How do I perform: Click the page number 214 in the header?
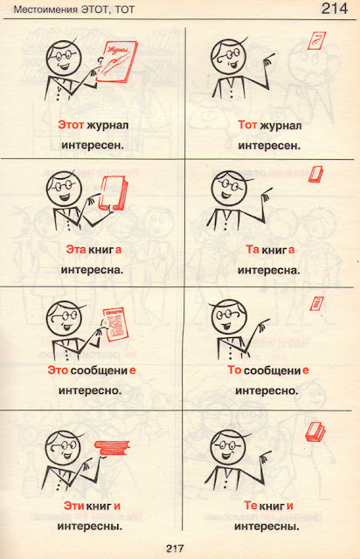click(x=335, y=9)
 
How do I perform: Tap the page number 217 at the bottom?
click(x=175, y=548)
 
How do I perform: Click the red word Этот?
click(x=71, y=125)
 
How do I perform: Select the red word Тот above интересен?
click(x=247, y=125)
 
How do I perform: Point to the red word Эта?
click(x=76, y=250)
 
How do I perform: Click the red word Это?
click(x=58, y=370)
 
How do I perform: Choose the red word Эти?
click(x=74, y=506)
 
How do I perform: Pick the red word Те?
click(x=251, y=506)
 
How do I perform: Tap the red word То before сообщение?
click(x=235, y=370)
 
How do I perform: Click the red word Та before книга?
click(x=253, y=250)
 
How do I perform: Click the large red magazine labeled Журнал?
click(x=117, y=62)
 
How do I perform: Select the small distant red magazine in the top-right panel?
click(x=316, y=41)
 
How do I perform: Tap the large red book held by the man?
click(x=113, y=194)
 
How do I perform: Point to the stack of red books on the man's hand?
click(x=112, y=448)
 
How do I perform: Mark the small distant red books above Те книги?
click(x=315, y=431)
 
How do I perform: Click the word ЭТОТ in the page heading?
click(x=95, y=10)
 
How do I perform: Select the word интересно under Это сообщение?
click(x=90, y=390)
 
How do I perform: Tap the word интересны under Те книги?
click(x=267, y=526)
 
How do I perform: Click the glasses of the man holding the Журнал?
click(x=66, y=54)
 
